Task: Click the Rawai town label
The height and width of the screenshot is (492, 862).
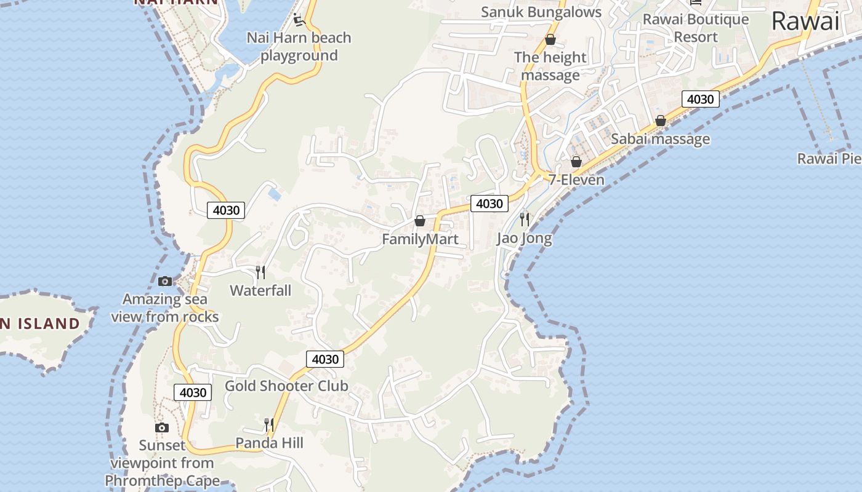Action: point(805,22)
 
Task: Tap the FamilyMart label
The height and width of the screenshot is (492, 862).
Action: point(421,239)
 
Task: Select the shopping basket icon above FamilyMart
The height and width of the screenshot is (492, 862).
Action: point(420,220)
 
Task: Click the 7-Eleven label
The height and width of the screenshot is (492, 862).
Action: point(576,180)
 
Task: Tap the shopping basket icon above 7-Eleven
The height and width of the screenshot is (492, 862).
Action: point(576,162)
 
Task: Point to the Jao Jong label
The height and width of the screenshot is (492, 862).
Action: point(525,238)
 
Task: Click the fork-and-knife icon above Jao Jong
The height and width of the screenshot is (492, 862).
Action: point(525,219)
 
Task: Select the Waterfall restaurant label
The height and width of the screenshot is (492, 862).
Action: point(260,290)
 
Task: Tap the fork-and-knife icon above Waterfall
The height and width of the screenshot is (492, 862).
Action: point(260,272)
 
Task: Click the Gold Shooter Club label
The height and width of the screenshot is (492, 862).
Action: point(286,386)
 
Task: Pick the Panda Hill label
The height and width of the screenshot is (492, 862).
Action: point(270,443)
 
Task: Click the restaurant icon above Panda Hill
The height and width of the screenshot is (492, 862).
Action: point(269,424)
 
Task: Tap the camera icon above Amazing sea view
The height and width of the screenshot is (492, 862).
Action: point(165,281)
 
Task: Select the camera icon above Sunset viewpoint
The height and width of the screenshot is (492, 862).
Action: point(161,427)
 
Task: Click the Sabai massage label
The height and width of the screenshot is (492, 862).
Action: point(660,139)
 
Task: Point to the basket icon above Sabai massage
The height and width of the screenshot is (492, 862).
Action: point(661,121)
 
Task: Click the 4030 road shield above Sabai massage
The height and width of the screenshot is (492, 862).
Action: point(700,99)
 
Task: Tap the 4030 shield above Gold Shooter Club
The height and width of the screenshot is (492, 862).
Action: point(325,359)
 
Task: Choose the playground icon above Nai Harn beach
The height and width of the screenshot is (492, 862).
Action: point(299,20)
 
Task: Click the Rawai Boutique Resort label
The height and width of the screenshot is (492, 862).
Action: point(696,28)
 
